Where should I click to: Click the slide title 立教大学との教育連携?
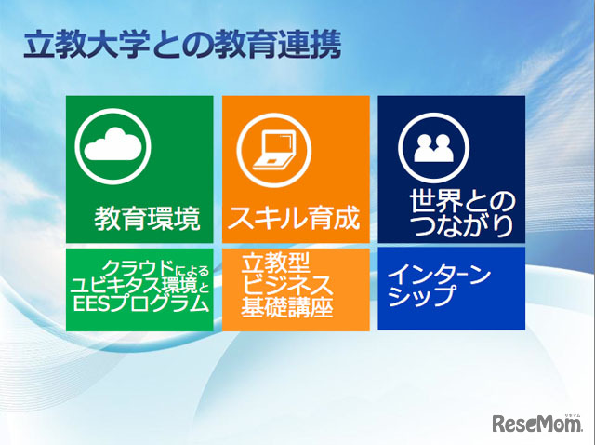click(182, 44)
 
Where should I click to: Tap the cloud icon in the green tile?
click(116, 146)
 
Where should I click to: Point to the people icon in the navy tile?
click(430, 147)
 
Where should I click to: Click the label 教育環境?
click(147, 220)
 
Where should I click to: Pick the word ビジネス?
click(283, 283)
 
